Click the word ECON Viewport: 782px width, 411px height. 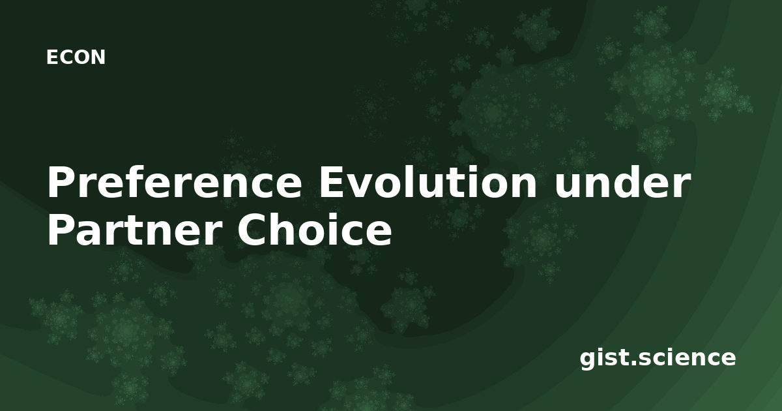pos(76,57)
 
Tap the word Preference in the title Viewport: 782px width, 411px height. pos(174,183)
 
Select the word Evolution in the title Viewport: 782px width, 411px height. pos(427,182)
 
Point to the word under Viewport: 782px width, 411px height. pos(622,182)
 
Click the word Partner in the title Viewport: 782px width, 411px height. pos(135,230)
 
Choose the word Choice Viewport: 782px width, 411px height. pos(315,229)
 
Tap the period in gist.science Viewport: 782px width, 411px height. pos(632,363)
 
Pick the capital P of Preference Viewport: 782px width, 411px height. pos(62,182)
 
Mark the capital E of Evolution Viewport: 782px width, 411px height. pos(332,182)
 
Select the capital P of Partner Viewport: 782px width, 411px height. pos(62,230)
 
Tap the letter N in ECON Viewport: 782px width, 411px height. pos(98,57)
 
